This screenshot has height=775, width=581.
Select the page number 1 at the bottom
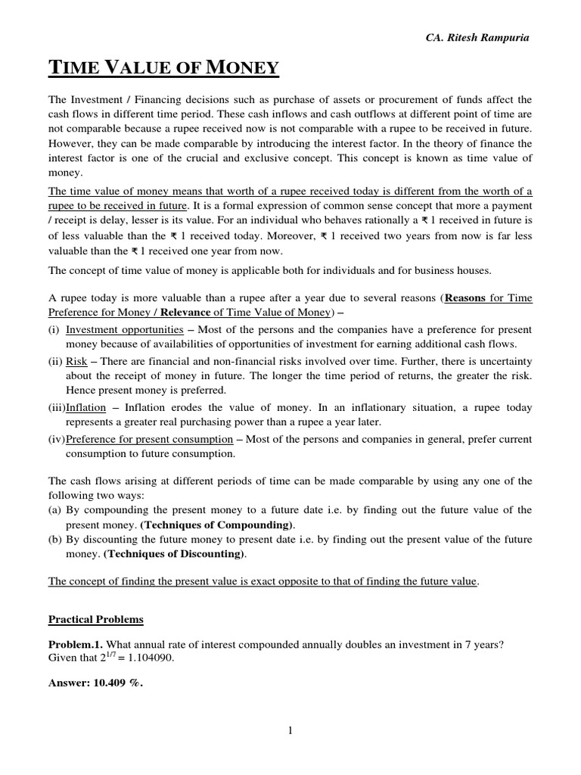(x=290, y=730)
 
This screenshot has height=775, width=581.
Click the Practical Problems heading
(x=95, y=620)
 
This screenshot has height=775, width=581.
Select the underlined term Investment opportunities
(x=124, y=330)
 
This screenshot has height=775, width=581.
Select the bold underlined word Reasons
(x=468, y=298)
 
